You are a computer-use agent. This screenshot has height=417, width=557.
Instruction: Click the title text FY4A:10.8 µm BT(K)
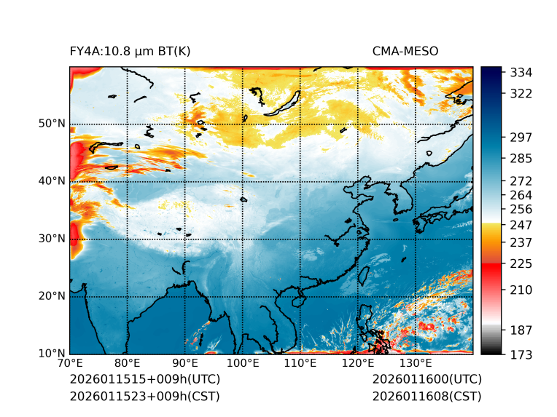pyautogui.click(x=131, y=52)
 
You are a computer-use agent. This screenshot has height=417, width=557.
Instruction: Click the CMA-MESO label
pyautogui.click(x=405, y=52)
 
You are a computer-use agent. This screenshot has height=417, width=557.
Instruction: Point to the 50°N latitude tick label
pyautogui.click(x=52, y=124)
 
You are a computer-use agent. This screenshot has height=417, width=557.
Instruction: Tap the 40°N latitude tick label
pyautogui.click(x=52, y=181)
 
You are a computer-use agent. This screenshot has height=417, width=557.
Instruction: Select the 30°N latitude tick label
pyautogui.click(x=52, y=239)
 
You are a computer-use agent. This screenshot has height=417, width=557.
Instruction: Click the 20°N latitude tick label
pyautogui.click(x=52, y=296)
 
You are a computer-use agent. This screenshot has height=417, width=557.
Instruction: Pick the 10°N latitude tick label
pyautogui.click(x=52, y=354)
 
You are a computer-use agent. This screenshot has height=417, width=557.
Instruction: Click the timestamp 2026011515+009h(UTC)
pyautogui.click(x=145, y=380)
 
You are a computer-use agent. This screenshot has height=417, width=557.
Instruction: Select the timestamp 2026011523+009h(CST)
pyautogui.click(x=144, y=396)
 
